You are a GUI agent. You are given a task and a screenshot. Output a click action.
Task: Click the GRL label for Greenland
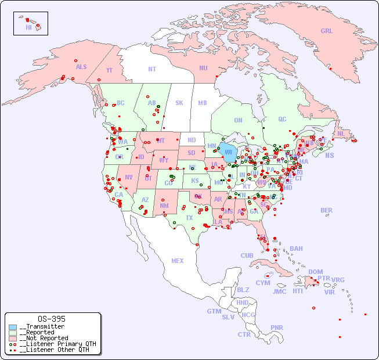click(x=327, y=31)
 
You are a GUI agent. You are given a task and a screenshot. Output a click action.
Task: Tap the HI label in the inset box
click(x=28, y=27)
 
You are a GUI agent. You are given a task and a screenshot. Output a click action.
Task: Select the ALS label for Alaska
click(x=81, y=67)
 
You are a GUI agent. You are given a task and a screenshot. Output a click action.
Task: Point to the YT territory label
click(x=109, y=70)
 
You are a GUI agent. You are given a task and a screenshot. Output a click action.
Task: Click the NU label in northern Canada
click(x=203, y=68)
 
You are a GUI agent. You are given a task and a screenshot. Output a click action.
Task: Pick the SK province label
click(x=179, y=103)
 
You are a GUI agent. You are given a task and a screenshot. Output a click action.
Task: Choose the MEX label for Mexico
click(x=178, y=261)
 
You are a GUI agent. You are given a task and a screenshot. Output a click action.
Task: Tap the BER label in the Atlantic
click(x=327, y=210)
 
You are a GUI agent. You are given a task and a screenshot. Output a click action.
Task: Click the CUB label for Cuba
click(x=247, y=255)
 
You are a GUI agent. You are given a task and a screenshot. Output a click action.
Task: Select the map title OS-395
click(x=51, y=319)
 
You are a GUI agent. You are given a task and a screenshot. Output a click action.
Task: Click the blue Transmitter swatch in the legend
click(x=13, y=327)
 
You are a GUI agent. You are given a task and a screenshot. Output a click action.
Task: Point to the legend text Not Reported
click(x=44, y=338)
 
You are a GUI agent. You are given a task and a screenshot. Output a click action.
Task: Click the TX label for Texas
click(x=189, y=218)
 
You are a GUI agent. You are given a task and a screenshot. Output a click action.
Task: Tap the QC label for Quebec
click(x=282, y=119)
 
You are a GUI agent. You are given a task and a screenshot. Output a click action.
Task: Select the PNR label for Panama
click(x=277, y=327)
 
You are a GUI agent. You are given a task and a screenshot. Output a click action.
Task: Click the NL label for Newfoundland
click(x=341, y=133)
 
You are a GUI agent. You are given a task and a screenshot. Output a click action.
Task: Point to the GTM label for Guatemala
click(x=214, y=311)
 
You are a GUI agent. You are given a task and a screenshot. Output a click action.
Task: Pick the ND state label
click(x=192, y=140)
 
